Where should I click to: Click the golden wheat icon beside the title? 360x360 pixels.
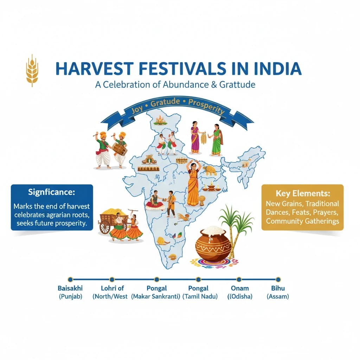(32, 70)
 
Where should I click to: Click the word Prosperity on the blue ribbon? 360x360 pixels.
(206, 106)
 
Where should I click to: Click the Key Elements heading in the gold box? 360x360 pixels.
(303, 193)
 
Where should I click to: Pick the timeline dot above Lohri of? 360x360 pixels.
(112, 279)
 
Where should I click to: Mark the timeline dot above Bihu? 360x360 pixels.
(278, 279)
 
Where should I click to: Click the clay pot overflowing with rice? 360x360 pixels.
(213, 243)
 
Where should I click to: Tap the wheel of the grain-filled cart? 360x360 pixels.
(105, 227)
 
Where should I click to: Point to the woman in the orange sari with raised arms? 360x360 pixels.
(193, 183)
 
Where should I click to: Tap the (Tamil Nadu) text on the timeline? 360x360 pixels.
(201, 296)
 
